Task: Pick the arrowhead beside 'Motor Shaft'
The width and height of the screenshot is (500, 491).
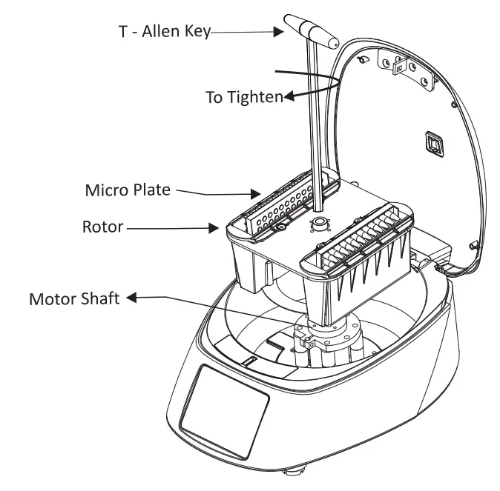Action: [133, 298]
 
